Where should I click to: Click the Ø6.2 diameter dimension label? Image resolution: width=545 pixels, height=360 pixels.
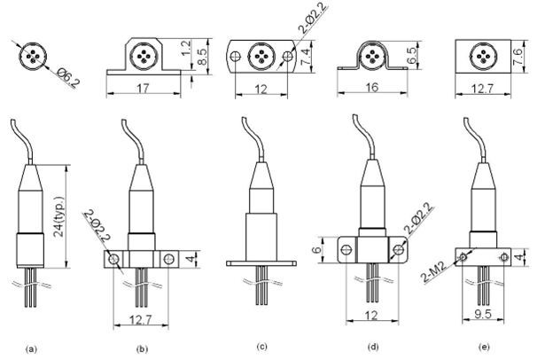click(67, 77)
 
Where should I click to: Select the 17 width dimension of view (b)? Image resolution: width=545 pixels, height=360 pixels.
click(143, 88)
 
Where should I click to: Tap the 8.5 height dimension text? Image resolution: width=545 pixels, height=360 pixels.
click(201, 56)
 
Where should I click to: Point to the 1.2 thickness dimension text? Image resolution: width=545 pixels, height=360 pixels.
click(186, 48)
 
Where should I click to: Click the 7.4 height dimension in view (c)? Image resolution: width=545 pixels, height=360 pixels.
click(305, 57)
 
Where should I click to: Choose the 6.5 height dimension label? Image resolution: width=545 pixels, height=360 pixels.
click(411, 55)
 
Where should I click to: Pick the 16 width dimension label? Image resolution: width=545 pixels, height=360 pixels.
click(372, 87)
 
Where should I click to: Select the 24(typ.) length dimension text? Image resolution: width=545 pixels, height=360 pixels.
click(59, 216)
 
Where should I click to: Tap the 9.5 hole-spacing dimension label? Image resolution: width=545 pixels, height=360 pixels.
click(483, 314)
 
